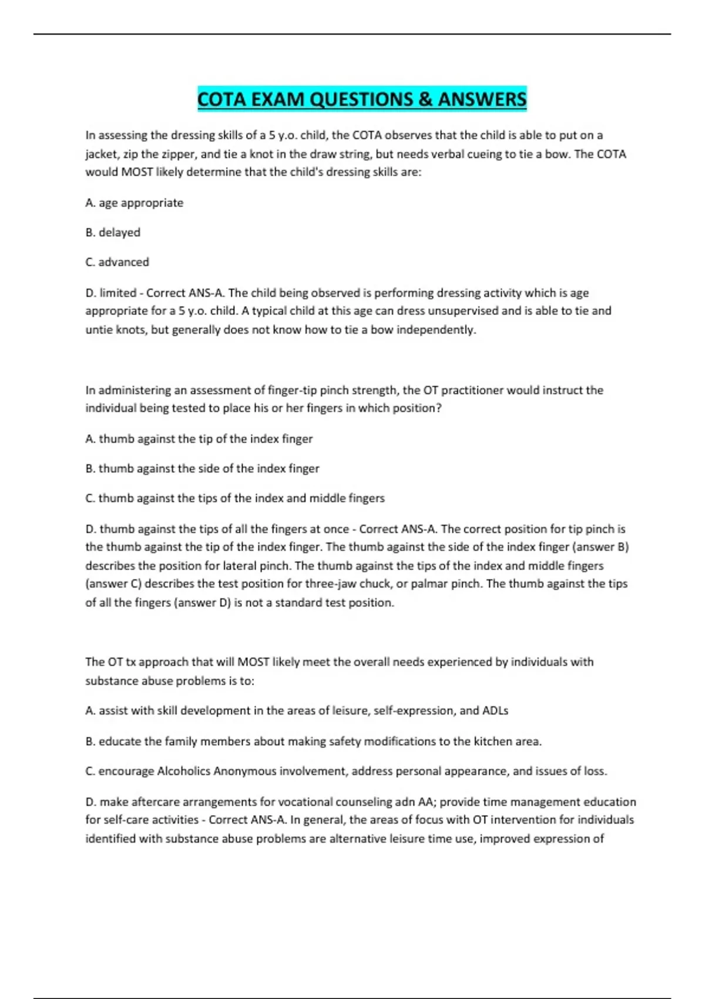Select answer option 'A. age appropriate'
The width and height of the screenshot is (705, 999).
(135, 203)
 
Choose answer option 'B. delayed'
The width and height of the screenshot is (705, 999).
(113, 232)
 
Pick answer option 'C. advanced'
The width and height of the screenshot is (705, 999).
(117, 262)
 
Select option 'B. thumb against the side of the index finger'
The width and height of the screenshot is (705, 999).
(202, 468)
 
